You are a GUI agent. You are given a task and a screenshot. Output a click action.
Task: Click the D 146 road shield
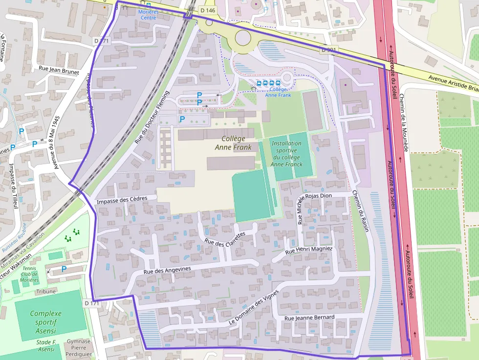208,10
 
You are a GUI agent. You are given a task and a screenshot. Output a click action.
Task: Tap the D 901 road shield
329,50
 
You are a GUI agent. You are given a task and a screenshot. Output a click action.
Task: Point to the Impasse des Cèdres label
122,200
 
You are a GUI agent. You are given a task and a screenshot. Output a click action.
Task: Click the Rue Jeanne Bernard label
309,318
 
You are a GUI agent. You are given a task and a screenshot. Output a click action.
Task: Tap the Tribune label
46,292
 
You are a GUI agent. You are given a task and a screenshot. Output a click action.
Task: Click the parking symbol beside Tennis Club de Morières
64,269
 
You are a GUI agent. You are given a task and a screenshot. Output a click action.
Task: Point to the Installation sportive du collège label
286,154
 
